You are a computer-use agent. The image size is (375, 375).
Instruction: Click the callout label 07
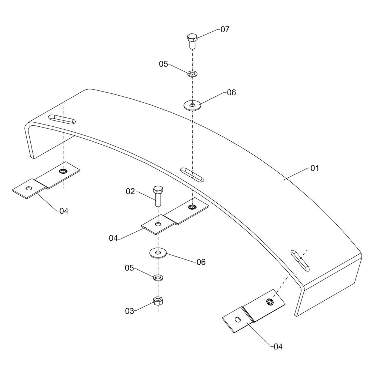coord(225,29)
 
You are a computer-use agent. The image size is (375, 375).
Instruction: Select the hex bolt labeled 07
coord(192,40)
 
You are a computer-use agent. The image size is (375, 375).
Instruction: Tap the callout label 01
coord(314,168)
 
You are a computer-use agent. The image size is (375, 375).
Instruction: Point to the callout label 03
coord(129,311)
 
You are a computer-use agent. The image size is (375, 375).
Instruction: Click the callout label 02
coord(130,192)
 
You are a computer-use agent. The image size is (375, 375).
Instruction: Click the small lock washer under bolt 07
coord(192,73)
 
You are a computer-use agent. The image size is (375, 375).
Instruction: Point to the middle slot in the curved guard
coord(192,174)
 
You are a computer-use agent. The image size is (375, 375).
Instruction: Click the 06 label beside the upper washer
coord(231,92)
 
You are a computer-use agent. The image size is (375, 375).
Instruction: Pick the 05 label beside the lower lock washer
coord(129,268)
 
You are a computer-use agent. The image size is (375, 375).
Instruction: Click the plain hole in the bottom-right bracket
coord(237,320)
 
